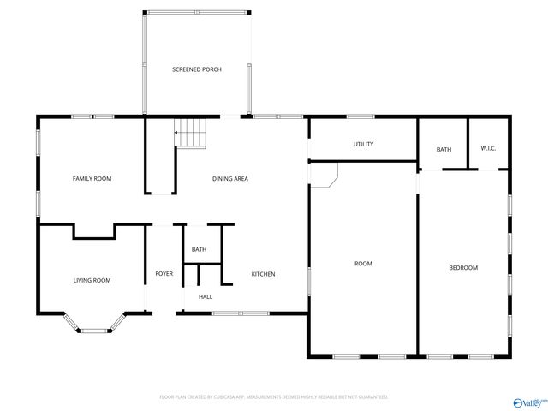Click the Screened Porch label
tap(197, 69)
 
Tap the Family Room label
tap(92, 178)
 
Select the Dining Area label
tap(230, 178)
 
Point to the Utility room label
tap(363, 144)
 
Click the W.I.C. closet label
tap(488, 149)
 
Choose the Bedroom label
tap(463, 268)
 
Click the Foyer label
tap(164, 274)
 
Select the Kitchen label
tap(263, 274)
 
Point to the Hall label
tap(205, 297)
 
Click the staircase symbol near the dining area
tap(193, 133)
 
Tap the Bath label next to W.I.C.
tap(444, 150)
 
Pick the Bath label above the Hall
tap(199, 249)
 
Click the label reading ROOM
tap(363, 264)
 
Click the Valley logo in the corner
tap(528, 400)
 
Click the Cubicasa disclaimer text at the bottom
tap(274, 397)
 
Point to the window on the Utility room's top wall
tap(359, 116)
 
